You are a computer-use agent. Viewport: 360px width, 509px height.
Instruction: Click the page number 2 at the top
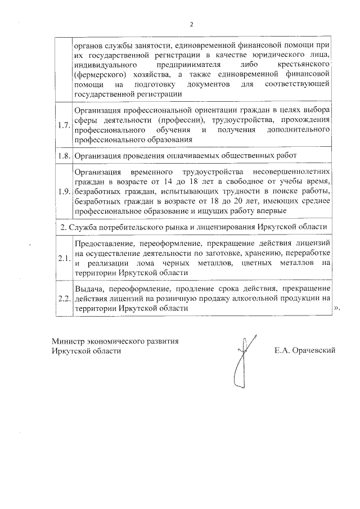[x=191, y=25]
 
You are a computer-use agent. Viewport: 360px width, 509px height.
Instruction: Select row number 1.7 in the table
[x=64, y=124]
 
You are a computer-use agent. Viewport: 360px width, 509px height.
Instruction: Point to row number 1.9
[x=64, y=192]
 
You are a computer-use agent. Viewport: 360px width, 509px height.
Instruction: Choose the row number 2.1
[x=64, y=259]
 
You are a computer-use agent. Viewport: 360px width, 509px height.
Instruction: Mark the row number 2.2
[x=64, y=298]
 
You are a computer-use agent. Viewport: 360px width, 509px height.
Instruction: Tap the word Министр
[x=67, y=341]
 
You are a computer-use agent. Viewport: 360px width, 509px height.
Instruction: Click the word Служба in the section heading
[x=83, y=227]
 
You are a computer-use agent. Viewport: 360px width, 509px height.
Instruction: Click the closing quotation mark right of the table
[x=337, y=309]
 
